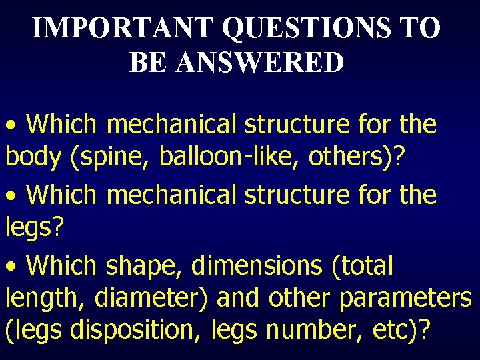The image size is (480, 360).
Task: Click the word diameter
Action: coord(153,299)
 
